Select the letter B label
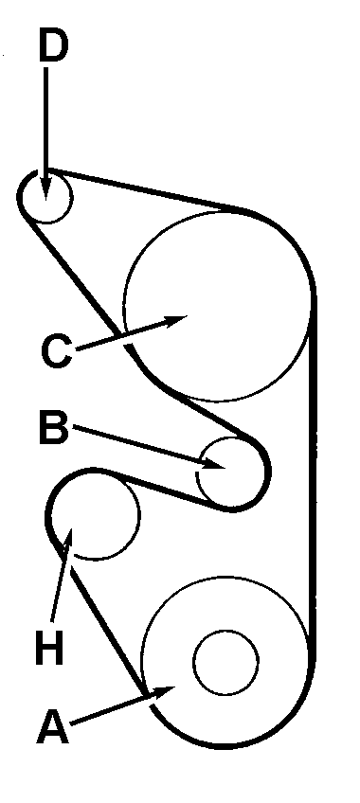point(53,429)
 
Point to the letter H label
point(49,649)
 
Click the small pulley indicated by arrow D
point(45,196)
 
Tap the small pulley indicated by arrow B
point(232,472)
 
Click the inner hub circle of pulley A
point(225,662)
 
